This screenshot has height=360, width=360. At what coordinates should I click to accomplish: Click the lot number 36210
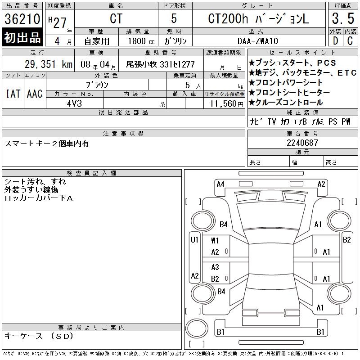pos(22,19)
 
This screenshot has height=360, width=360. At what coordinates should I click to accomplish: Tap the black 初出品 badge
pos(22,37)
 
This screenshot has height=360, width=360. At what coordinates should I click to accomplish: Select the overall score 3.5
pos(343,18)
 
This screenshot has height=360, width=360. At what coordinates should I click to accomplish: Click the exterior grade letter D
pos(335,41)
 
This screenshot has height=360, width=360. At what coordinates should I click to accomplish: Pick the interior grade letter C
pos(350,41)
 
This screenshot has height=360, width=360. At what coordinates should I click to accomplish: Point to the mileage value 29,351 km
pos(49,64)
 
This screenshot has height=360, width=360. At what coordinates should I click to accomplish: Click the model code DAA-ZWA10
pos(258,41)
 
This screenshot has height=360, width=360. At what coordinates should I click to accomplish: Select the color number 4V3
pos(74,103)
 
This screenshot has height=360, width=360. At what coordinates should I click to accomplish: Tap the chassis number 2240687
pos(302,143)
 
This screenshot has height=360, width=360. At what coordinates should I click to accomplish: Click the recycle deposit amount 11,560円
pos(227,104)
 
